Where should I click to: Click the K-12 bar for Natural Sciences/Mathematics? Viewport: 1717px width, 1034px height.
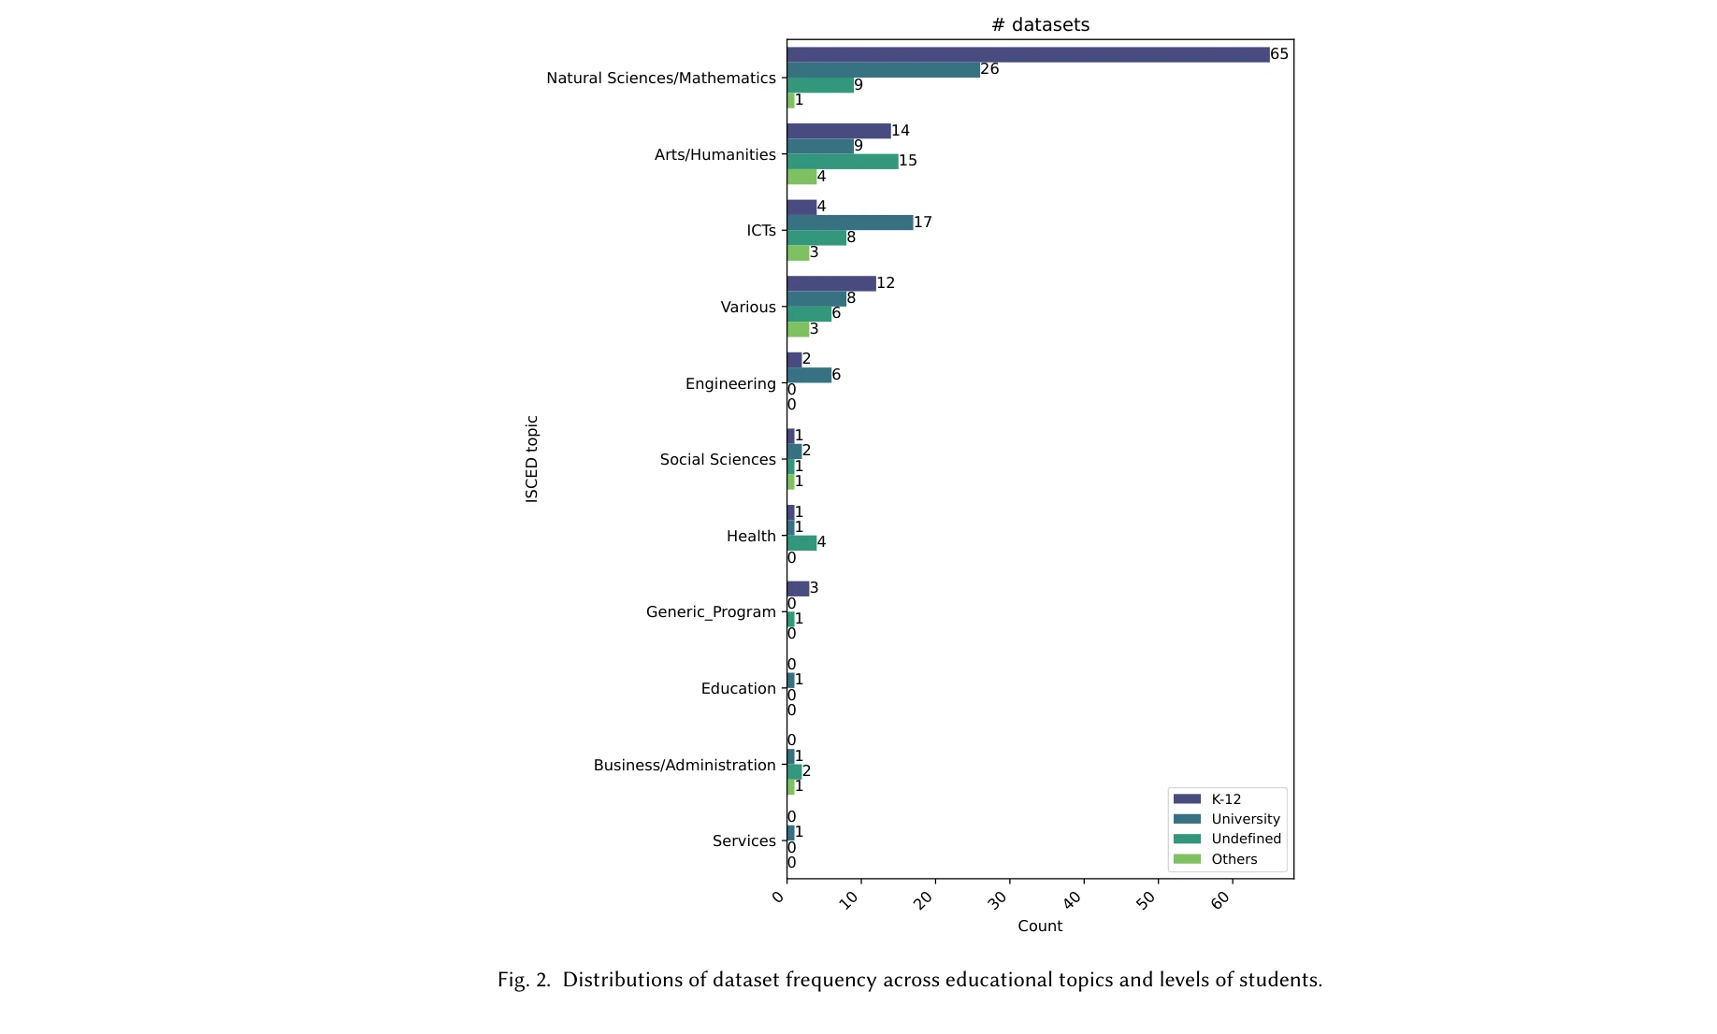[1027, 54]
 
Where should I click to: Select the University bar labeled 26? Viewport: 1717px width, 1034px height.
[883, 70]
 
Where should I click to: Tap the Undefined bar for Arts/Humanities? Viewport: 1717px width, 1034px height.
[842, 162]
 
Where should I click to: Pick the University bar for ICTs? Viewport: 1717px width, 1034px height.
[849, 223]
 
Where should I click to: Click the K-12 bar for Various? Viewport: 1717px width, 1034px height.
[830, 283]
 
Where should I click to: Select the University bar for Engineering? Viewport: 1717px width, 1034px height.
[809, 375]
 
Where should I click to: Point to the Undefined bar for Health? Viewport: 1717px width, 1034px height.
[801, 543]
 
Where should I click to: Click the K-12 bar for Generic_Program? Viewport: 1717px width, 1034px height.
[798, 589]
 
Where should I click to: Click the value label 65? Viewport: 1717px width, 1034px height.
[1278, 54]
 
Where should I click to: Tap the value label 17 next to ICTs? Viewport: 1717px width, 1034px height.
[922, 223]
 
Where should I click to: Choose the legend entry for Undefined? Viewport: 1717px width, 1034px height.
[1245, 839]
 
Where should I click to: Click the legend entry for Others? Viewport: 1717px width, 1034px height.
[1234, 859]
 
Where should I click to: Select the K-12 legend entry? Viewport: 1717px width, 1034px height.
[1225, 799]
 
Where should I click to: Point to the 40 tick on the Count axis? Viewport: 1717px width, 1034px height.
[1073, 899]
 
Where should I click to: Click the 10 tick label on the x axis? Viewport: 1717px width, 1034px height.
[849, 899]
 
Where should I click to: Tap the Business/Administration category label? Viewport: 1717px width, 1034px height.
[684, 765]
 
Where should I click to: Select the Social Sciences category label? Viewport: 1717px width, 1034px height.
[717, 459]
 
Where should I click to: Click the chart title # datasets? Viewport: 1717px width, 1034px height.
[1040, 25]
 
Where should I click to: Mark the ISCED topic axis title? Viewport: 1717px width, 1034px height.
[532, 459]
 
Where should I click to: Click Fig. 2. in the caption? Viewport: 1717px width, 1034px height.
[524, 980]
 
